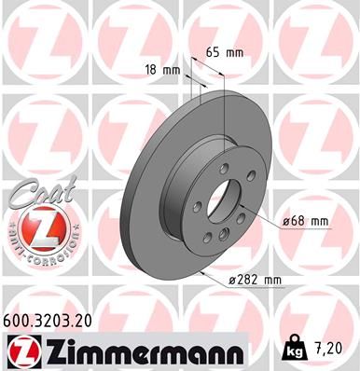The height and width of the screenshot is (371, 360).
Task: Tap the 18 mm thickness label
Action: coord(160,69)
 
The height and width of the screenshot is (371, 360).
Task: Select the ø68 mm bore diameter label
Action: coord(306,221)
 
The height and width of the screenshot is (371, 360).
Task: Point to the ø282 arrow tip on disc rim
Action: coord(200,271)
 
